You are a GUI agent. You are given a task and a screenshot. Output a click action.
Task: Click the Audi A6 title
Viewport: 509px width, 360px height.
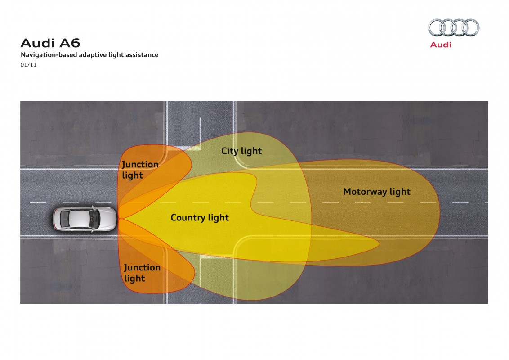point(50,43)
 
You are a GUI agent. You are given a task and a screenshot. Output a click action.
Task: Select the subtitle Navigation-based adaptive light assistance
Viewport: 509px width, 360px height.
point(89,55)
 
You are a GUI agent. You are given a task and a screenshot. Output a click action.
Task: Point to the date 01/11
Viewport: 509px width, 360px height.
point(29,65)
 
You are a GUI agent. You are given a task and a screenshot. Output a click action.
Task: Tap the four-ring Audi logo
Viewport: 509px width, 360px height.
point(454,27)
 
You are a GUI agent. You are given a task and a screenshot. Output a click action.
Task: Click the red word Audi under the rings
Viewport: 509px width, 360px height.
point(441,45)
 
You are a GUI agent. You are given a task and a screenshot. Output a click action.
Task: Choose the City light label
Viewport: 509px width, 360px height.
point(241,151)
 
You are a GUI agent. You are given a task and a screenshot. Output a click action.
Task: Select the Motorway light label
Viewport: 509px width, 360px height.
point(377,192)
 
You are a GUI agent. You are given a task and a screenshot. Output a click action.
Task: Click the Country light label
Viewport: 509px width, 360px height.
point(200,218)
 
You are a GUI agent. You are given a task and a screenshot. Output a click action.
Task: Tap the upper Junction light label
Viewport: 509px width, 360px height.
point(140,170)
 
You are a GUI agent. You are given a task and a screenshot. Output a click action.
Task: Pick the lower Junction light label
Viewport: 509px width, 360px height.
point(142,273)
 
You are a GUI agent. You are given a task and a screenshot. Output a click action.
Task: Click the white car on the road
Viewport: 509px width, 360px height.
point(85,219)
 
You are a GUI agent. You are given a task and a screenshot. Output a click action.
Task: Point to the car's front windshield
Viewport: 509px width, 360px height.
point(95,219)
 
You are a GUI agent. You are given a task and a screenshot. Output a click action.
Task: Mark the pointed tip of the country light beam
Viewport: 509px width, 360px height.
point(380,243)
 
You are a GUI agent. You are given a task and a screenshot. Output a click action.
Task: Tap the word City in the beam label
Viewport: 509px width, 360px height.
point(230,151)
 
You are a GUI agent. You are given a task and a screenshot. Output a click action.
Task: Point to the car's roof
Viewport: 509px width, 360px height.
point(79,219)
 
